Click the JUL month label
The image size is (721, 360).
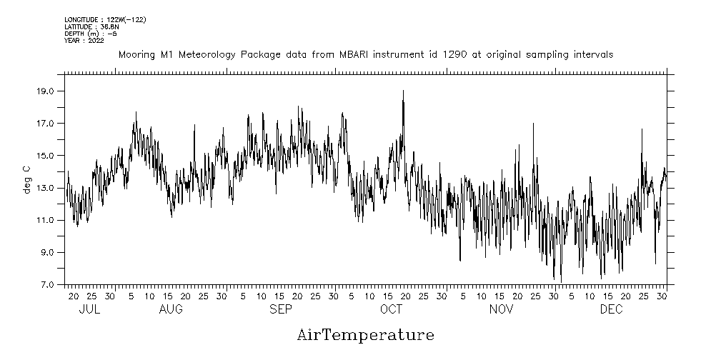(x=89, y=309)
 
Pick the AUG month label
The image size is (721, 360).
(x=171, y=309)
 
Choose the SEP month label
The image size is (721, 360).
(x=281, y=309)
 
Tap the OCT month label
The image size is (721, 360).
(x=391, y=309)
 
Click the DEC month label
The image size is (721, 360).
(x=611, y=309)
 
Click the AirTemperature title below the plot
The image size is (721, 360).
(x=365, y=335)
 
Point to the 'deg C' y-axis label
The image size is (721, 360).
(x=26, y=179)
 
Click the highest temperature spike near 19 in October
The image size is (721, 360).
(x=403, y=91)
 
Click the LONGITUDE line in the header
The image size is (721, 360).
(x=105, y=20)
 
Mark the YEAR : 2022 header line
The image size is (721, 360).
(x=84, y=40)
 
